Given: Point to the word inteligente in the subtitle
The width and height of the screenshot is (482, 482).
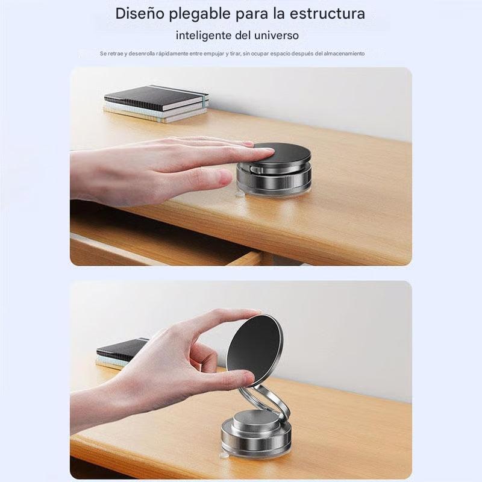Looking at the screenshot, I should click(x=204, y=36).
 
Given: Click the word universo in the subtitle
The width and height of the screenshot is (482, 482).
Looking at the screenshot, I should click(x=277, y=36).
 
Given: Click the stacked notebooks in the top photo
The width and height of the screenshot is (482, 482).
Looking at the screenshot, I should click(x=155, y=104).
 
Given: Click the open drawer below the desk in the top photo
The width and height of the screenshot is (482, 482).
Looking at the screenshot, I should click(x=157, y=244).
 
